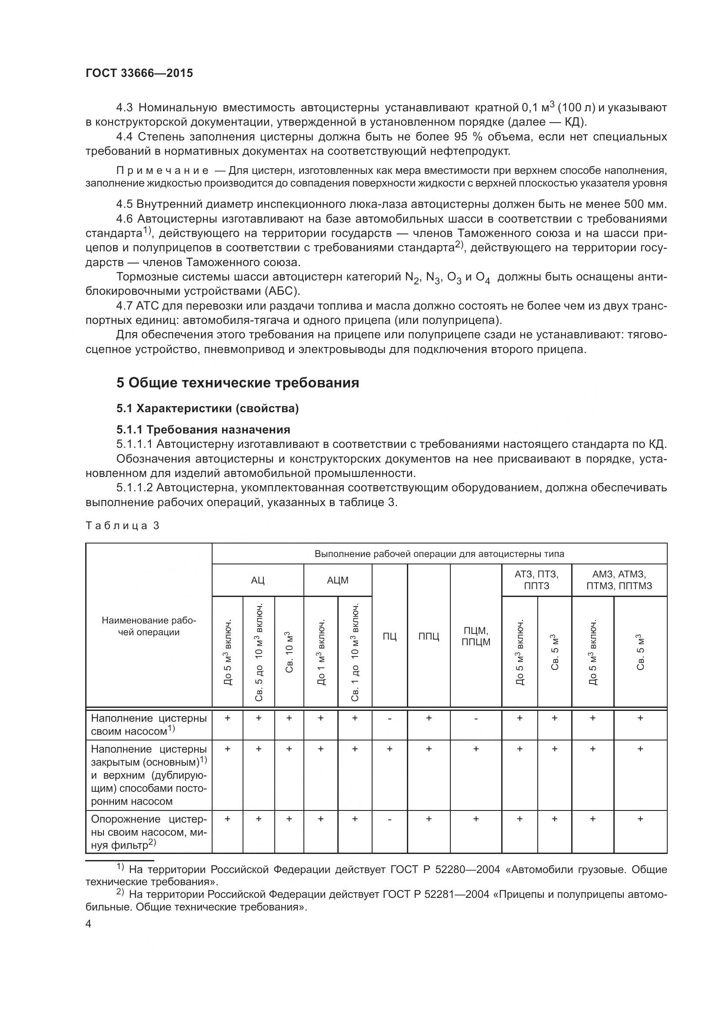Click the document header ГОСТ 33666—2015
[140, 73]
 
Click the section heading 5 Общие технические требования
[237, 382]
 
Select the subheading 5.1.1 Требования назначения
[203, 429]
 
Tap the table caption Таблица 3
[122, 526]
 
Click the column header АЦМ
[337, 580]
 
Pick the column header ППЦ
[428, 637]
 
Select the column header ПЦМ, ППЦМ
[476, 636]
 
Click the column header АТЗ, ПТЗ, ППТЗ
[536, 580]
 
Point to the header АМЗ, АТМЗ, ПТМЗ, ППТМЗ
[619, 580]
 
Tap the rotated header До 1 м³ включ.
[321, 652]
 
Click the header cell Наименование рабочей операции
[149, 626]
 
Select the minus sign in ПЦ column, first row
[389, 718]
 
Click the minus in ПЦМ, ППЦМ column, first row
[476, 718]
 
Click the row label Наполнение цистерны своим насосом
[149, 724]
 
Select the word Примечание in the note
[163, 170]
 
